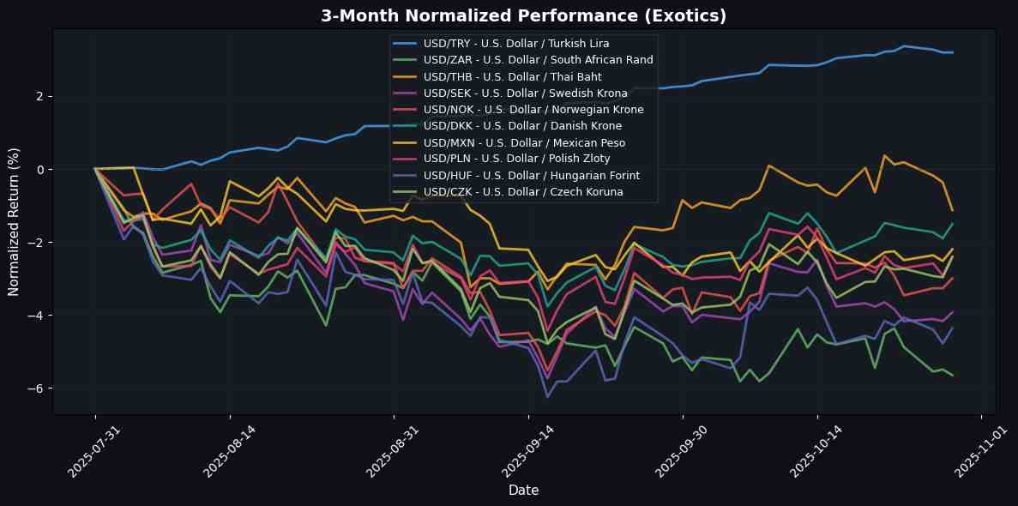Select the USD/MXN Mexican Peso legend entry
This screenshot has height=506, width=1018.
524,142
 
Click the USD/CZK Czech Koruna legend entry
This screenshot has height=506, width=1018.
523,192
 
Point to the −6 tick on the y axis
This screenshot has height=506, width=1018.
38,389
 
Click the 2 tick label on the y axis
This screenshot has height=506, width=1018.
41,96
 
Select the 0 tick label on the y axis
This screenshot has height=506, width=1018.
41,169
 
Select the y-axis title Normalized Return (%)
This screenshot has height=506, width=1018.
15,222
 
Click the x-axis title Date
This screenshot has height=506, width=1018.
523,490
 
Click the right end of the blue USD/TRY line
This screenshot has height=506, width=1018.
953,52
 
